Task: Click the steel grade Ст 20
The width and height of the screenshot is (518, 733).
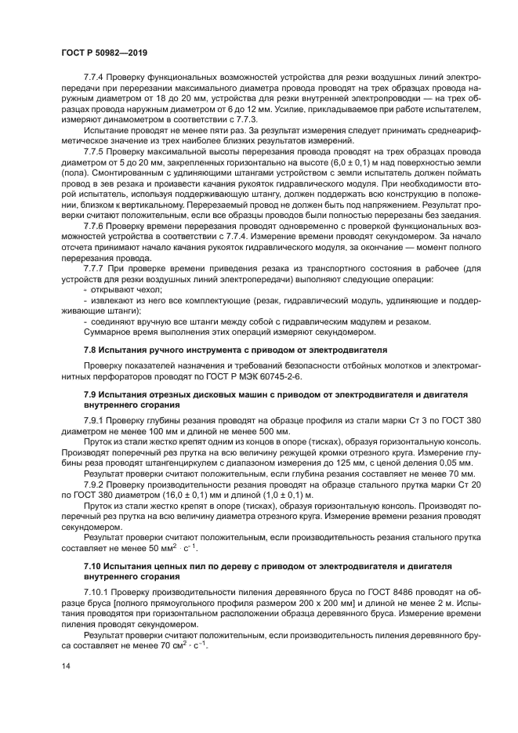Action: (466, 485)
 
